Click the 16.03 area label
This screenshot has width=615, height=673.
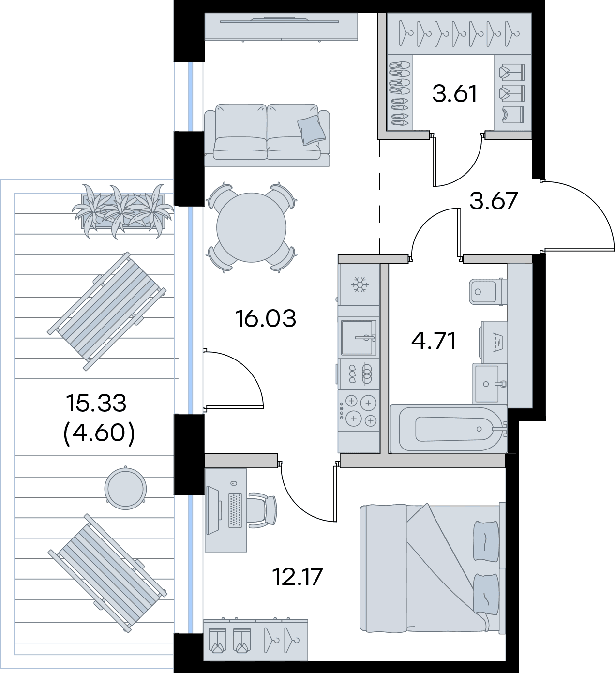click(266, 318)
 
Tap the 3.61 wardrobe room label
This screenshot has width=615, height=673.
click(455, 93)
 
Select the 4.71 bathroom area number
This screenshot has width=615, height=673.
click(434, 341)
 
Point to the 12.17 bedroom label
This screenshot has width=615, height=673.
click(297, 577)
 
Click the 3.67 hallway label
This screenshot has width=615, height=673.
click(494, 201)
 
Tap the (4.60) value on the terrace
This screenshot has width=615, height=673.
click(99, 433)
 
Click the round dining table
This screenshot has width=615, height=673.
click(251, 227)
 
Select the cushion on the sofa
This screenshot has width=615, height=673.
click(311, 130)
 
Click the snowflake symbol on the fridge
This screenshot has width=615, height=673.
click(360, 285)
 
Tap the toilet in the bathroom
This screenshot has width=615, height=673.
click(488, 291)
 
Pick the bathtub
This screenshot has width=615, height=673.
click(449, 429)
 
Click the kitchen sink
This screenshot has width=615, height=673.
click(359, 338)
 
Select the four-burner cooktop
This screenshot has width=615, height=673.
click(359, 411)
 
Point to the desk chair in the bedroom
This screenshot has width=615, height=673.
click(263, 510)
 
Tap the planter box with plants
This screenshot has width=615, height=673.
click(123, 211)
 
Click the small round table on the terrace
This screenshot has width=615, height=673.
click(125, 489)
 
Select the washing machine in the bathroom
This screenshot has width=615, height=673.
click(494, 342)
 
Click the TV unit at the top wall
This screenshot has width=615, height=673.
click(281, 27)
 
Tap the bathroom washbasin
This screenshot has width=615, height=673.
click(490, 384)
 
